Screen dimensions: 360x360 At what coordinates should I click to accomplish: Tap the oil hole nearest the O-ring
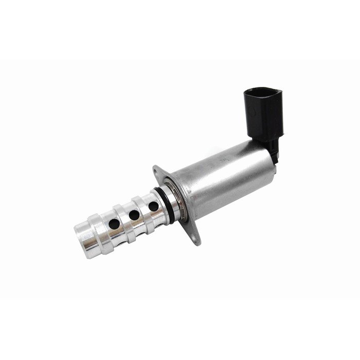click(153, 207)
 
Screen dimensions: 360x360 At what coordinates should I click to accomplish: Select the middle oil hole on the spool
click(134, 215)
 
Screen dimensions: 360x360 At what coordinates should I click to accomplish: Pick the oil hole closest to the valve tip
click(114, 224)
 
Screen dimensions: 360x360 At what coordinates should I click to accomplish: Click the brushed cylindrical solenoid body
click(226, 180)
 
